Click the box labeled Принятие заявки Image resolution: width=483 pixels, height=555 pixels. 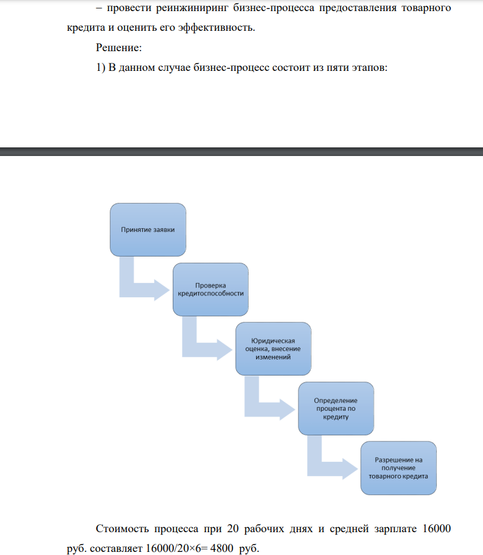coord(148,230)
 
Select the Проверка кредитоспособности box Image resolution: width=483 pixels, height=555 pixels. coord(211,290)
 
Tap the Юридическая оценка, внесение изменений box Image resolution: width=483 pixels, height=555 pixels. coord(273,348)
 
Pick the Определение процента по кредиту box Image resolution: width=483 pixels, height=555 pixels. coord(336,408)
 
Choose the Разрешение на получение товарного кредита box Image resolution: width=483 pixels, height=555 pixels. coord(398,468)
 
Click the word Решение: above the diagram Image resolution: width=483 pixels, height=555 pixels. coord(118,47)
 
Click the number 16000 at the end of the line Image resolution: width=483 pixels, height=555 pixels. coord(437,528)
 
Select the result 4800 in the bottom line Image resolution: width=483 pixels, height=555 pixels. coord(221,548)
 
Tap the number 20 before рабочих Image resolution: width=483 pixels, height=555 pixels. coord(233,528)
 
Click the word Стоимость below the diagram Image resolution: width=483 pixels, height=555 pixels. coord(122,529)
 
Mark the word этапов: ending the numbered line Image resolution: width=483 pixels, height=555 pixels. coord(369,68)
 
